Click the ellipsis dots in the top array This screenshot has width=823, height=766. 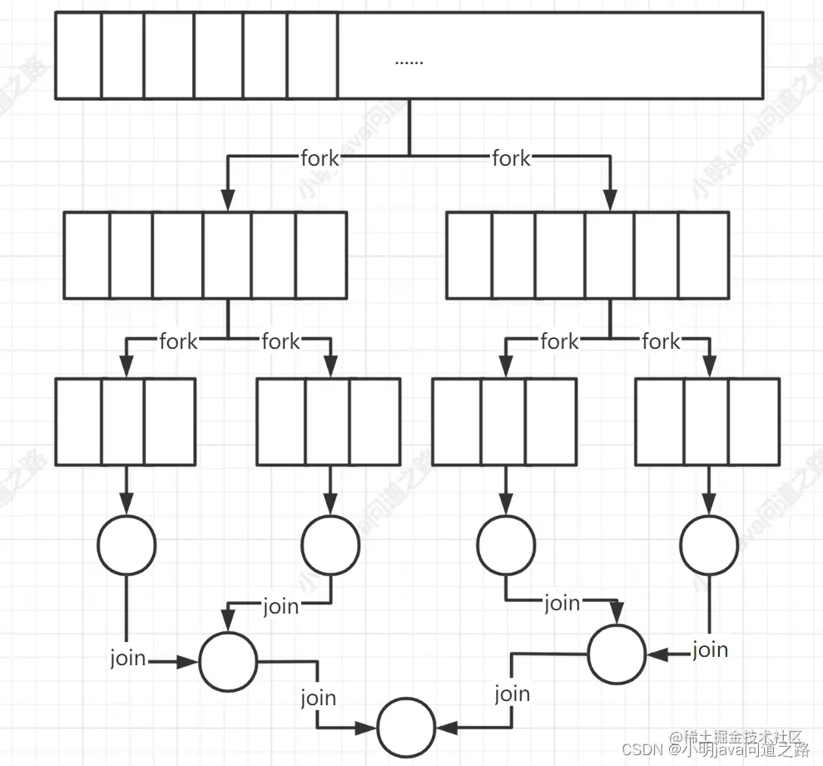[409, 61]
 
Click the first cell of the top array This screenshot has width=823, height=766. [78, 56]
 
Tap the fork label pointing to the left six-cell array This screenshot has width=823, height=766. [320, 157]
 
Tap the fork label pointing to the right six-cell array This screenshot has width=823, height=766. [511, 157]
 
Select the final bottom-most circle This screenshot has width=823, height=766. [406, 728]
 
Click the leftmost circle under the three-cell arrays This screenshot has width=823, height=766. [126, 545]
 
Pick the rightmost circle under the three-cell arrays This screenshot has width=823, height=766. [709, 545]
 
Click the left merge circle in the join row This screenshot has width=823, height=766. [229, 661]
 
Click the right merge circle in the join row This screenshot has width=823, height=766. [616, 653]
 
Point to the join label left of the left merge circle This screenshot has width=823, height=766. [128, 659]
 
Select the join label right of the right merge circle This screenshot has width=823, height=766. [710, 649]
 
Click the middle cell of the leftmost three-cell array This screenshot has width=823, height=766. [122, 421]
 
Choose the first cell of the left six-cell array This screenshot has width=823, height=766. [87, 255]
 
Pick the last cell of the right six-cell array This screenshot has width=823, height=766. [703, 255]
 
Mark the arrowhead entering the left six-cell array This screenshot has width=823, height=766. [227, 200]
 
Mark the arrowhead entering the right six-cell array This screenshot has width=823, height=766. [610, 200]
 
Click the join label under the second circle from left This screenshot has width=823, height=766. [280, 606]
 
